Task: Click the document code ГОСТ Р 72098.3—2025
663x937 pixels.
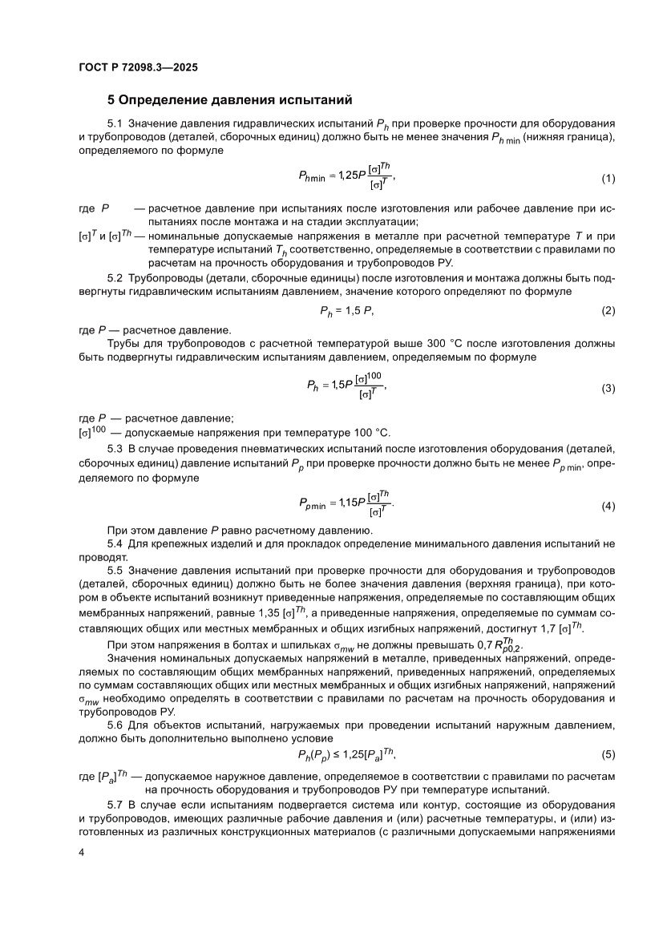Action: (x=138, y=67)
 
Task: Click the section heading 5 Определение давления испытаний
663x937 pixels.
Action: (x=230, y=101)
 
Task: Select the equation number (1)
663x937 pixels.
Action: (x=608, y=177)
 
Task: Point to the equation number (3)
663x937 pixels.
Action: (x=608, y=388)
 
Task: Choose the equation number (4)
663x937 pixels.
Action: (x=608, y=506)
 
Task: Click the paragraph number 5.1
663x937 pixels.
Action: (x=116, y=124)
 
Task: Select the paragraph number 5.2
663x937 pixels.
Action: (x=116, y=277)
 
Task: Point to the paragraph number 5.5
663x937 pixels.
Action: (x=116, y=570)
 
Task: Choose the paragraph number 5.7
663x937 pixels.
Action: (x=116, y=804)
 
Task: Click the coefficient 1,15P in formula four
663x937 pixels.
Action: (x=350, y=503)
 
